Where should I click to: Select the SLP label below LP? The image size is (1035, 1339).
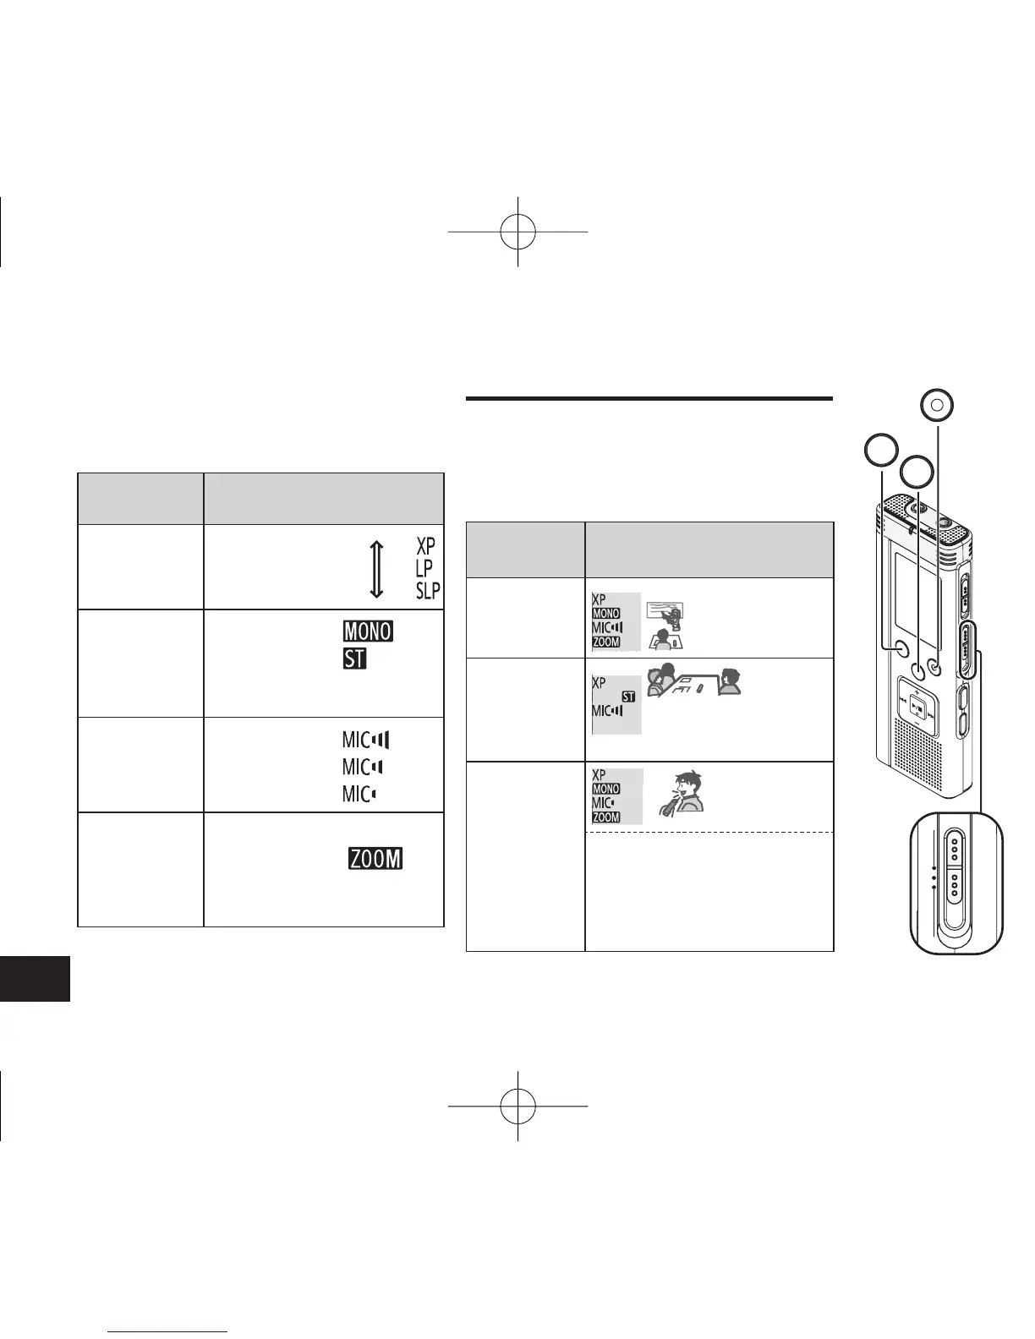tap(428, 590)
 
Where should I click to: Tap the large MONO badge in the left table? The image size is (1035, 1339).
tap(368, 631)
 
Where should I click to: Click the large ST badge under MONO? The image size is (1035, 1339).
tap(354, 658)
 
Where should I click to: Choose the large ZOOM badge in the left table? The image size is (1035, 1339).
tap(375, 859)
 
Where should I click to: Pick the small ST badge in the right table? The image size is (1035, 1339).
tap(628, 696)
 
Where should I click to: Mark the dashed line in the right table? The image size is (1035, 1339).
tap(709, 833)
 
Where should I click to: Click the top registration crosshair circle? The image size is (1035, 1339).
tap(517, 232)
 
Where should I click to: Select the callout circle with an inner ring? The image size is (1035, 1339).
tap(936, 405)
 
